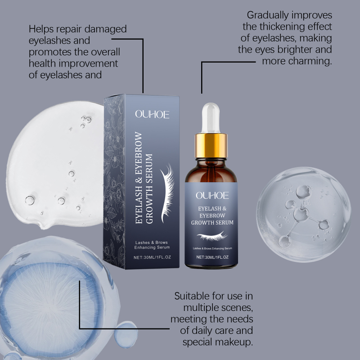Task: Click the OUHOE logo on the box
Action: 152,114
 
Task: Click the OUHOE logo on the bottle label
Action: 212,195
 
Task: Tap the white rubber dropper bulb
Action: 211,118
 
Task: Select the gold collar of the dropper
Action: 211,145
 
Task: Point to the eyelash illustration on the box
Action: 167,193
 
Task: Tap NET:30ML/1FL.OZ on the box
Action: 152,257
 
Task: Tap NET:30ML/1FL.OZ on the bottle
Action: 212,257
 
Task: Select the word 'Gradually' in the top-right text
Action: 268,16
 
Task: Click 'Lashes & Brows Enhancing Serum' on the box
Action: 152,245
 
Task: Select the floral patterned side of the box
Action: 114,181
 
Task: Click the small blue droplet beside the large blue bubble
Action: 126,334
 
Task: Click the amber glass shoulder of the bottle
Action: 211,171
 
